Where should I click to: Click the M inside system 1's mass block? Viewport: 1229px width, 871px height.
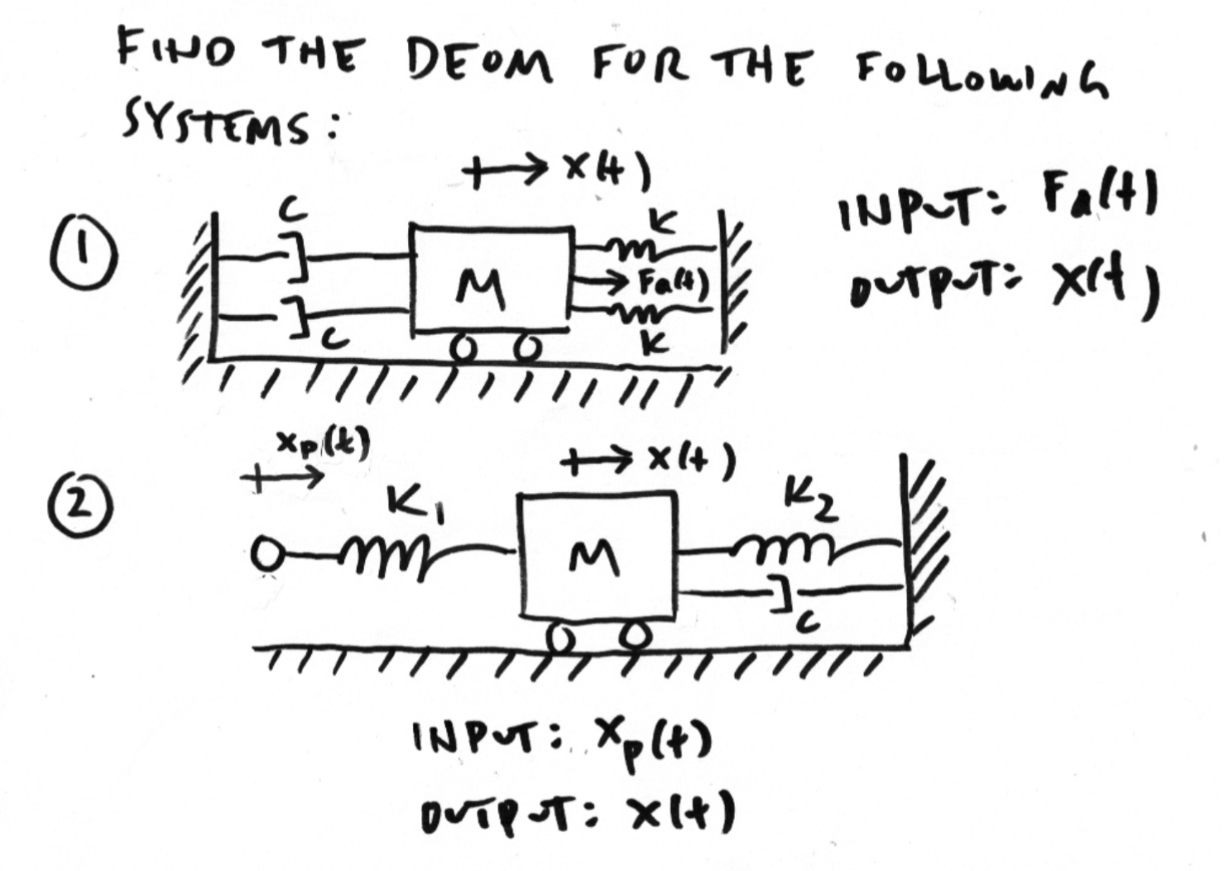click(x=482, y=292)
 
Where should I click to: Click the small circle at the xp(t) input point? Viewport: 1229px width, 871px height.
click(x=266, y=551)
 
